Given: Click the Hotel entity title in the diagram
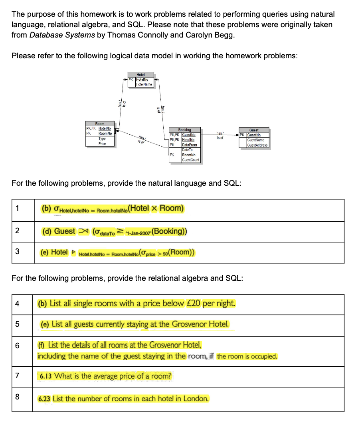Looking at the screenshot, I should click(140, 75).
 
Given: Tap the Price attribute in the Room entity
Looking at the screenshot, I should click(102, 143).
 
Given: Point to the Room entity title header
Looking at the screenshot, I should click(100, 124).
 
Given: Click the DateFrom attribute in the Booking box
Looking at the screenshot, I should click(189, 145).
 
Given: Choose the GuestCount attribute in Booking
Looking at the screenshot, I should click(190, 160).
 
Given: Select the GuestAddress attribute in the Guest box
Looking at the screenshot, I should click(257, 145).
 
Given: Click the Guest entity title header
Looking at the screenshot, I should click(254, 130).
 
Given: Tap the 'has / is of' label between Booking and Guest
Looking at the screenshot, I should click(220, 135).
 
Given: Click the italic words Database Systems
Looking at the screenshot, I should click(62, 35).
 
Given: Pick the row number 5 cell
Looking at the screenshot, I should click(17, 324).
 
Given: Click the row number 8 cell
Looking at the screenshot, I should click(17, 397).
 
